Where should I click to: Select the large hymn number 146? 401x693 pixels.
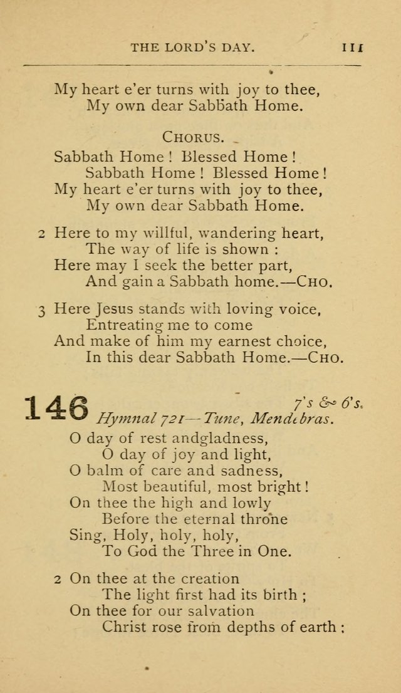coord(56,407)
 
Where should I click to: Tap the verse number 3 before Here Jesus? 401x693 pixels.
coord(41,309)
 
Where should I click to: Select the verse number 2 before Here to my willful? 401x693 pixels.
coord(41,233)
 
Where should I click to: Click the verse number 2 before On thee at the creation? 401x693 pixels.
coord(57,579)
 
